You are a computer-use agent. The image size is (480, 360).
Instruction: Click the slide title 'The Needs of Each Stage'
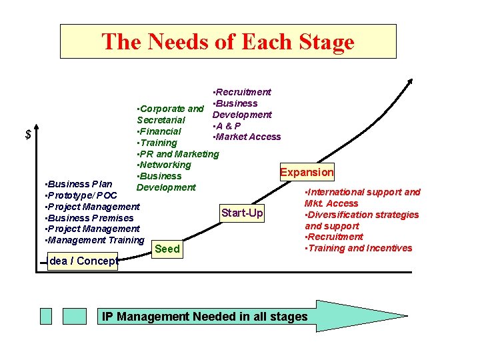[228, 42]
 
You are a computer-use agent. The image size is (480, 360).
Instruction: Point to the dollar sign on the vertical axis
[28, 135]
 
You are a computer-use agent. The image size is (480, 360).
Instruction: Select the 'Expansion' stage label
[307, 172]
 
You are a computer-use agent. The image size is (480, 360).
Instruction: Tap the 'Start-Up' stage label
[242, 213]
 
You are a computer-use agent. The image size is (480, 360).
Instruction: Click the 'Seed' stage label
[167, 249]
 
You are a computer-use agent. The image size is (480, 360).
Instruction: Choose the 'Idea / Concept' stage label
[83, 261]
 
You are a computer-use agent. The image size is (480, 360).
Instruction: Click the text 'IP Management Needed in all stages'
[205, 317]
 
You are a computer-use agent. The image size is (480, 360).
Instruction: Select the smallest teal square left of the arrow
[45, 316]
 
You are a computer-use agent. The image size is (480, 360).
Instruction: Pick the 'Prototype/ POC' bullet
[80, 195]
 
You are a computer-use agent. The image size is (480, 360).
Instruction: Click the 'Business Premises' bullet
[88, 218]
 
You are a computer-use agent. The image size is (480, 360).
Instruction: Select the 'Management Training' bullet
[93, 240]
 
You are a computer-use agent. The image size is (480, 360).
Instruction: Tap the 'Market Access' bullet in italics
[246, 137]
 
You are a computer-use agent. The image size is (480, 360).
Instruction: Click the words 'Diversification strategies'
[363, 215]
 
